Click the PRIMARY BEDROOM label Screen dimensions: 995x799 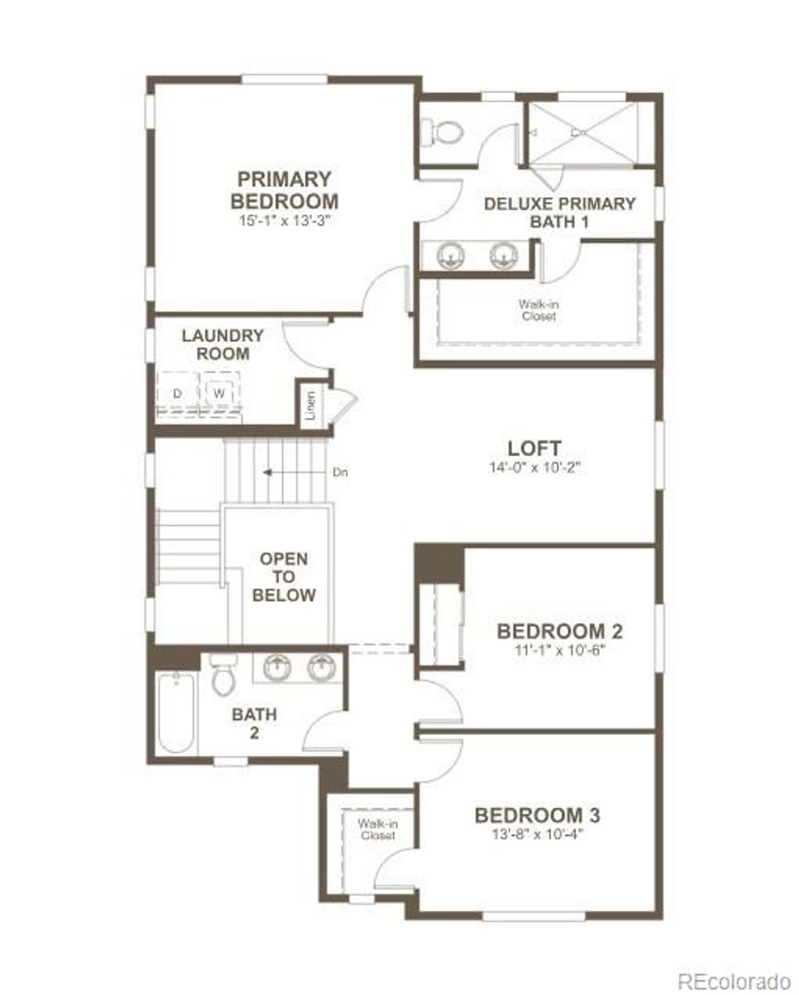coord(284,190)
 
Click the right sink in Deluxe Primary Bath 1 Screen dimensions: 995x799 coord(503,255)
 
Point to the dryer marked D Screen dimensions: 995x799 coord(177,394)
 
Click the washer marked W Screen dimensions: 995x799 coord(219,394)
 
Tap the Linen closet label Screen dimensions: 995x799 coord(311,405)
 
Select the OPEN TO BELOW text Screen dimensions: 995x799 coord(283,577)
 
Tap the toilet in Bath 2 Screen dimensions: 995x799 coord(224,676)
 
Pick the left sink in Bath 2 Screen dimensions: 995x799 coord(276,669)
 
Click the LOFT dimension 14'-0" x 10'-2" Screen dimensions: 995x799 coord(534,469)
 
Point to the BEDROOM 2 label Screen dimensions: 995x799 coord(559,631)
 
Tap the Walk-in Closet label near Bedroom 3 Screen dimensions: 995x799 coord(376,829)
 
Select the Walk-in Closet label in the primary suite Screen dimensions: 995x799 coord(538,311)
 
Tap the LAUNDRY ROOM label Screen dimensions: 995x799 coord(222,344)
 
